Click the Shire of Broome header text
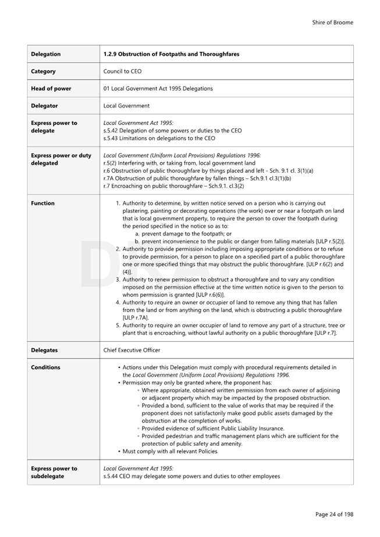pos(332,23)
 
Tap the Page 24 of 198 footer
pos(334,514)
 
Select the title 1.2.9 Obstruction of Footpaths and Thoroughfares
pos(171,54)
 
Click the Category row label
pos(44,71)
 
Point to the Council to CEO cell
pos(122,71)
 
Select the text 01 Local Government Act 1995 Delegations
pos(158,88)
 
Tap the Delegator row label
pos(46,106)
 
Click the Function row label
pos(43,203)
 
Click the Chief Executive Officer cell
pos(132,350)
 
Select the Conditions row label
pos(45,367)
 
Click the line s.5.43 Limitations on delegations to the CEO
pos(159,138)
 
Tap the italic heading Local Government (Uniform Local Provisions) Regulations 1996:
pos(182,155)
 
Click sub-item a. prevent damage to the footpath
pos(183,234)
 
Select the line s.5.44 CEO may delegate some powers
pos(191,476)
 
